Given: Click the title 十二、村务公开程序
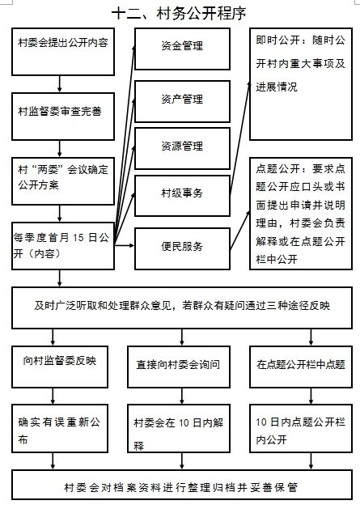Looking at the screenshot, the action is point(179,14).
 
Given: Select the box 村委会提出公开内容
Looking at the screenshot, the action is point(63,52).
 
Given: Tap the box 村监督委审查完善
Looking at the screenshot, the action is point(63,117).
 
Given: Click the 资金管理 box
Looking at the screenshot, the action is point(183,49).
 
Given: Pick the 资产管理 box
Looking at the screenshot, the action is point(183,102).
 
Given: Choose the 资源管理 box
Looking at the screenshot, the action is point(183,148).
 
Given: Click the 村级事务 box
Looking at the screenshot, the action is point(183,196).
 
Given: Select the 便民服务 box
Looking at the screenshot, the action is point(183,248).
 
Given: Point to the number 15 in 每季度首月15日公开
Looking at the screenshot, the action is point(78,238).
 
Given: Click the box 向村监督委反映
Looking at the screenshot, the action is point(60,367).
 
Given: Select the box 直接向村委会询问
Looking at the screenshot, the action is point(179,367).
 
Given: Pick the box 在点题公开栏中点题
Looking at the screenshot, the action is point(301,367).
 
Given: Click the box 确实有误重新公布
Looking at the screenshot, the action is point(60,429).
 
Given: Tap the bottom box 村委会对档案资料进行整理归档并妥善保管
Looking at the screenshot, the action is point(182,485).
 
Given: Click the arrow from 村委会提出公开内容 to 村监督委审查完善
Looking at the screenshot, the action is point(59,84).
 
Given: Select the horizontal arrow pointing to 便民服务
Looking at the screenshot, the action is point(125,245).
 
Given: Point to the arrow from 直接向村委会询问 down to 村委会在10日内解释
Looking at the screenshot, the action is point(182,396).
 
